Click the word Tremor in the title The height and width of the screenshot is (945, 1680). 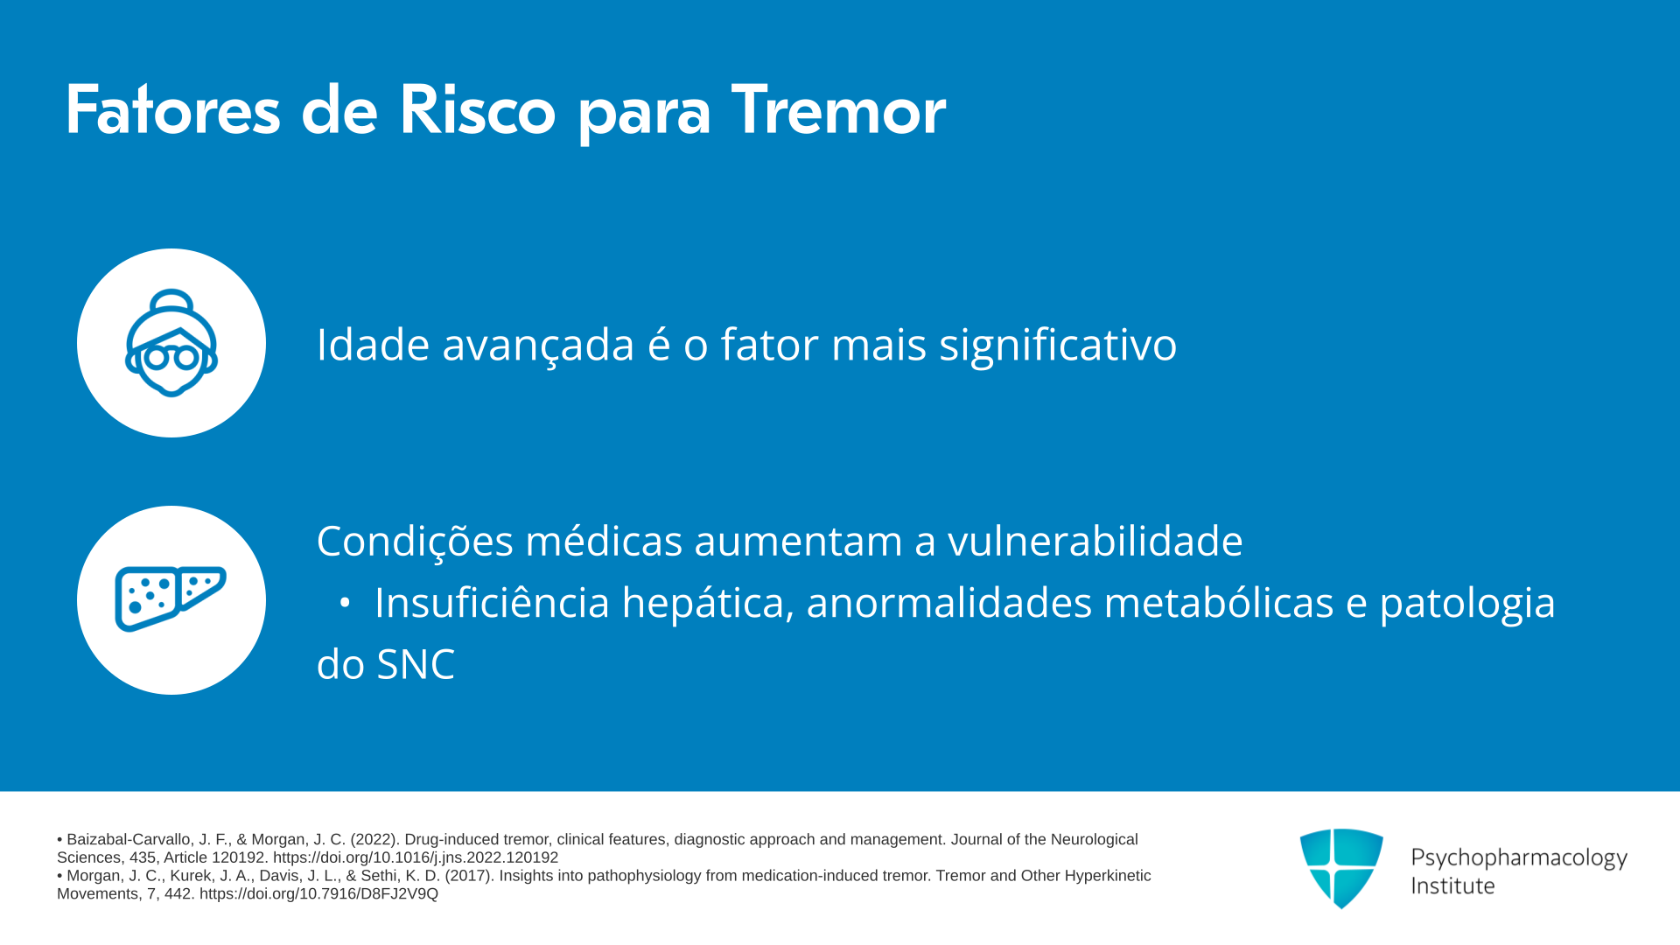838,110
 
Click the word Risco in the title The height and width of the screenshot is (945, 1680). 477,110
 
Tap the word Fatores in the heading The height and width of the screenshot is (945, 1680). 172,110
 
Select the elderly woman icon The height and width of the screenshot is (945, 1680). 171,343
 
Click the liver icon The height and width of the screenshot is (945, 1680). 171,598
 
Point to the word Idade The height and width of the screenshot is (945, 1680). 373,344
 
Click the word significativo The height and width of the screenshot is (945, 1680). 1058,345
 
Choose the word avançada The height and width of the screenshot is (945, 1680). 538,345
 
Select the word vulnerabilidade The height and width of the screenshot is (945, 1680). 1095,541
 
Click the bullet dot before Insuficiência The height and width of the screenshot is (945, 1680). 345,603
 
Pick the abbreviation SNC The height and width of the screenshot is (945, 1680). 416,664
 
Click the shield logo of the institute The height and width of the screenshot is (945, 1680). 1341,868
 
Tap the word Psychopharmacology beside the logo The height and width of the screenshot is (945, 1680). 1519,858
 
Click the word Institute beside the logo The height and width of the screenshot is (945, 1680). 1453,886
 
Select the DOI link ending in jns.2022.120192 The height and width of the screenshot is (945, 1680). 416,857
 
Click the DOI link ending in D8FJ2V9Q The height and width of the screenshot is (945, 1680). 318,893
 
